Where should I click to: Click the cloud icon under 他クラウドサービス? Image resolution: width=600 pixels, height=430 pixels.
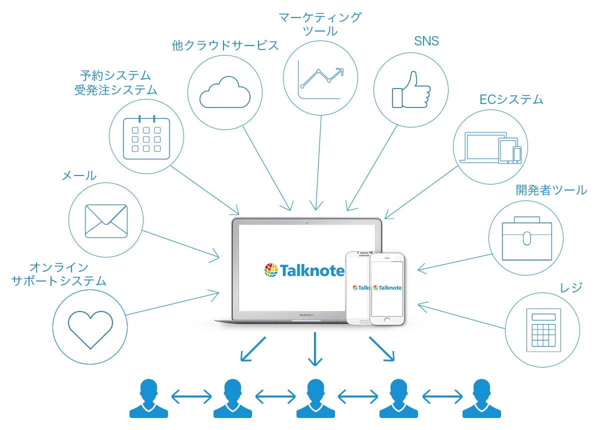click(225, 91)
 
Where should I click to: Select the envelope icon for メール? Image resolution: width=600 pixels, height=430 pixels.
click(106, 220)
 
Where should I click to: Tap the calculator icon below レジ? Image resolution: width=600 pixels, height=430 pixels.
click(543, 329)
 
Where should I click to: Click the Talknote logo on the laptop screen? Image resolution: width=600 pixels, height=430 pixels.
click(304, 270)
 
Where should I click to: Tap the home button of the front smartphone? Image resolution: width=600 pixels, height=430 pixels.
click(387, 319)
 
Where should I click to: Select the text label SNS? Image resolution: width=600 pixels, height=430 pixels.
click(426, 41)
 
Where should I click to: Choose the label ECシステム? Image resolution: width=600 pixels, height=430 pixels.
click(511, 99)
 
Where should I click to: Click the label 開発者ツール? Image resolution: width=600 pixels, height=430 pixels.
click(551, 190)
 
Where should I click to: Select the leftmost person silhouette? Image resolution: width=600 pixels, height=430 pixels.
click(148, 398)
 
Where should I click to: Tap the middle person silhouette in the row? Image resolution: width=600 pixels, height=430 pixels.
click(315, 398)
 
